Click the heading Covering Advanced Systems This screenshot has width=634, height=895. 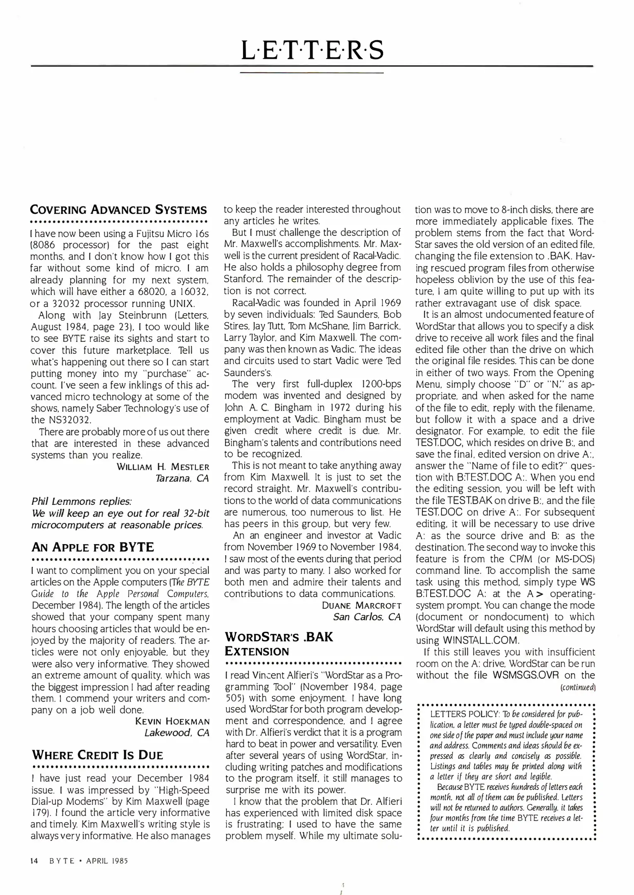click(119, 209)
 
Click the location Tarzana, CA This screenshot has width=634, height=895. click(182, 479)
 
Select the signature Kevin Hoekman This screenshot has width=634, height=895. click(172, 721)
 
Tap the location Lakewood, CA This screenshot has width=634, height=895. click(177, 733)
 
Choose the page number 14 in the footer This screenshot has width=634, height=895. click(34, 861)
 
